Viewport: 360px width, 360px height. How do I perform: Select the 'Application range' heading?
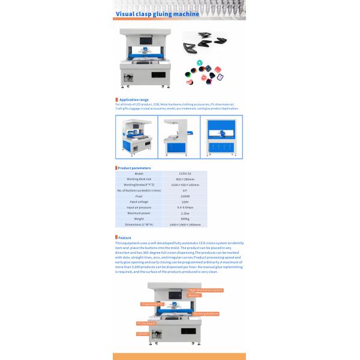coord(134,100)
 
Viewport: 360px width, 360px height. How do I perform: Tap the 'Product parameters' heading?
coord(134,168)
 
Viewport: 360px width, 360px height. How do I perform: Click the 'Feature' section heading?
coord(125,238)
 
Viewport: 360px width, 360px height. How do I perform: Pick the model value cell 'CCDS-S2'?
coord(184,173)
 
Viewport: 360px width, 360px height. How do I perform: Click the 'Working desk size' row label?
coord(139,179)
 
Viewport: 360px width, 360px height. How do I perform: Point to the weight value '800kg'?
coord(184,218)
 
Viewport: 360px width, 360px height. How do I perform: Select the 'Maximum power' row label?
coord(139,213)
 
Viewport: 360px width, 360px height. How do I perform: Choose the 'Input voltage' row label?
coord(139,202)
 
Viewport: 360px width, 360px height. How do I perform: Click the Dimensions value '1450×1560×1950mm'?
coord(184,224)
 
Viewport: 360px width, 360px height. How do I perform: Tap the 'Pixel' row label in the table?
coord(139,196)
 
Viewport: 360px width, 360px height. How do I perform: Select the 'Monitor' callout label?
coord(194,295)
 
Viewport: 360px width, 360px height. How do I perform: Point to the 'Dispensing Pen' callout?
coord(152,304)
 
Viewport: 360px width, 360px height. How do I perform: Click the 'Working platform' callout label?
coord(205,314)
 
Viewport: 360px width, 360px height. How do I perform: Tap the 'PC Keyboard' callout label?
coord(146,323)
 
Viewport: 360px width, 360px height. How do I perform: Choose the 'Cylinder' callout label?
coord(142,334)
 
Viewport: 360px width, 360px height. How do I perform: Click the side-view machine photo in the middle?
coord(179,137)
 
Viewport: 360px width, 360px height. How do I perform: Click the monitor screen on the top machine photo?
coord(144,44)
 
